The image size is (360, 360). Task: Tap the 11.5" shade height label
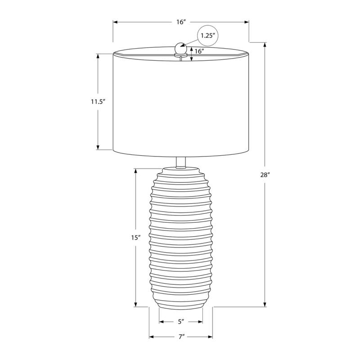(98, 102)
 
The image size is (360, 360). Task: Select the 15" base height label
(136, 238)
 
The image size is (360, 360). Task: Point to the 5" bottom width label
(181, 322)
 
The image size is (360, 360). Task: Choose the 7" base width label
(182, 337)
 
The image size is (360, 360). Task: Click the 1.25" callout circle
(208, 36)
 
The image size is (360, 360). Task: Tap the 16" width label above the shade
(181, 22)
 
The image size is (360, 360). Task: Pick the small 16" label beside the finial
(199, 51)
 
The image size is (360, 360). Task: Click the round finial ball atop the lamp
(180, 48)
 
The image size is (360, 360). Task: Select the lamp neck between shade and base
(181, 162)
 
